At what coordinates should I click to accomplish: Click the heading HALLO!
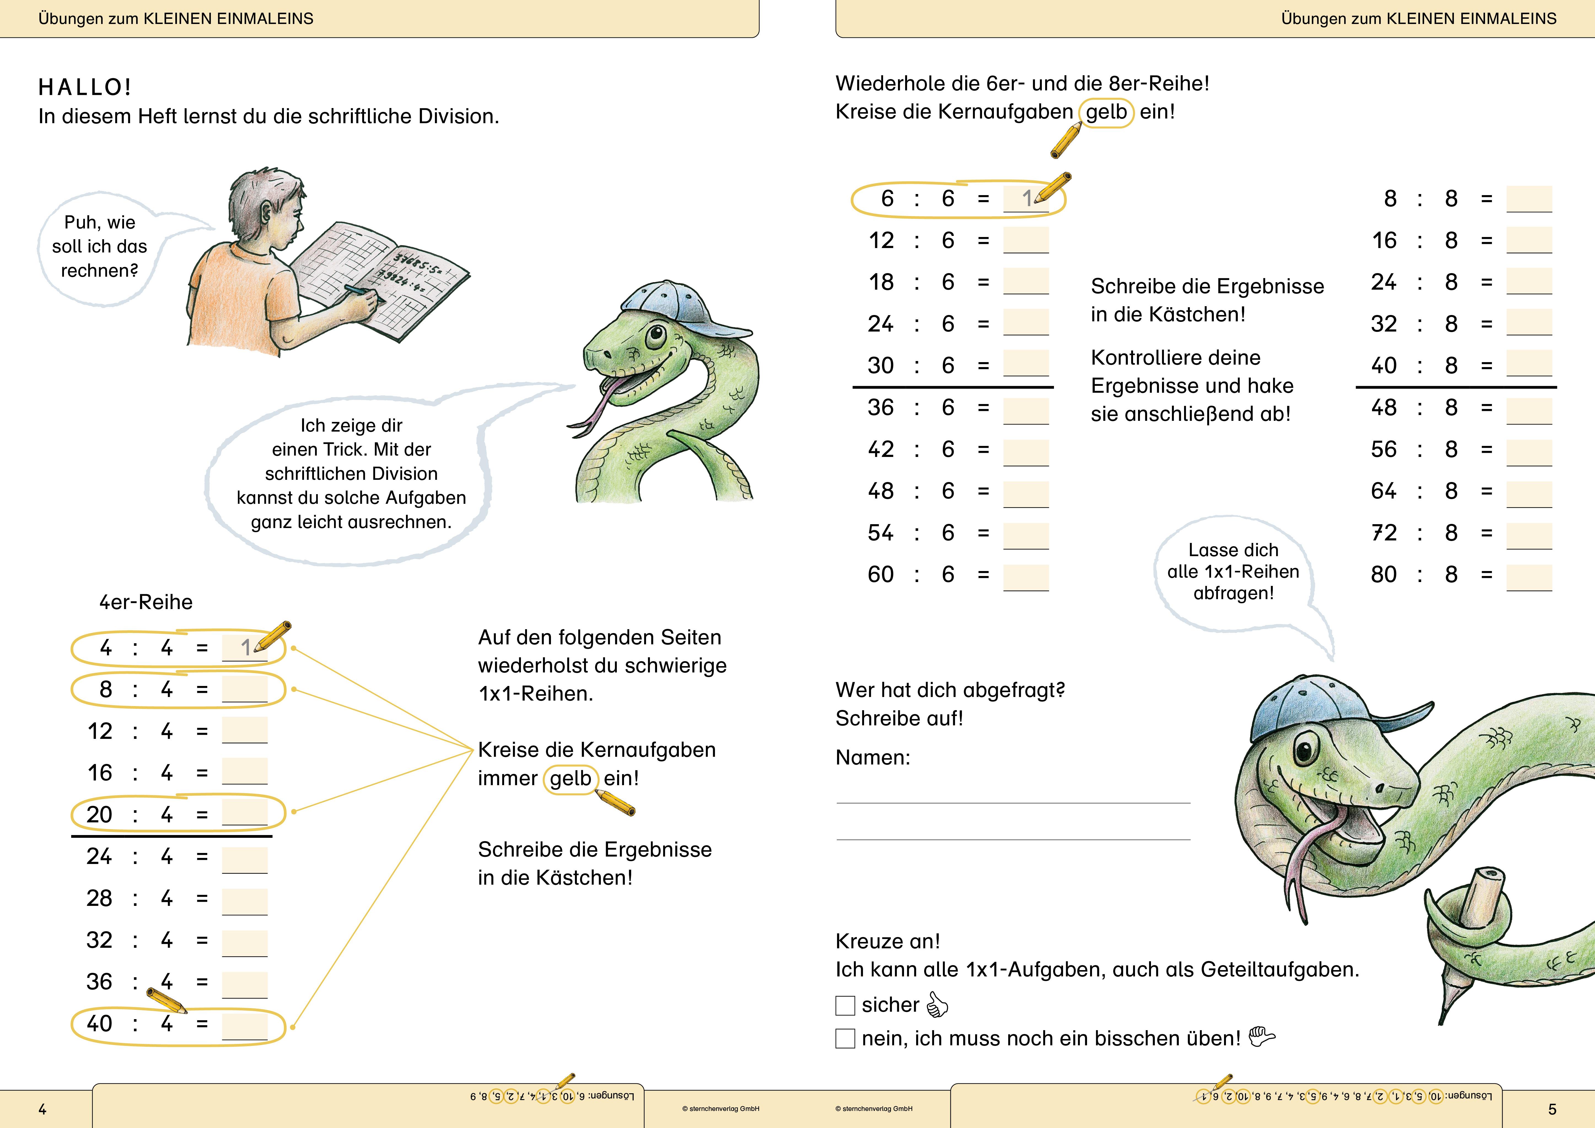[85, 88]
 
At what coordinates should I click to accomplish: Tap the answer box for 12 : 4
[244, 730]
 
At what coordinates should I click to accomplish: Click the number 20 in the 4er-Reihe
[99, 814]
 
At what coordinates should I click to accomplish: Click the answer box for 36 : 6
[1025, 410]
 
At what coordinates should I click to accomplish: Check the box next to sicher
[845, 1005]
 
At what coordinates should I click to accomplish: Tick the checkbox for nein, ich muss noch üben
[845, 1038]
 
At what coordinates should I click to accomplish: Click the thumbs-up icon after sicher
[937, 1004]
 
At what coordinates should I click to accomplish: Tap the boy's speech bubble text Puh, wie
[99, 222]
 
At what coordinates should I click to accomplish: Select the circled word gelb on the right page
[1106, 112]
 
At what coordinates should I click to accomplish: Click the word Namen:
[873, 757]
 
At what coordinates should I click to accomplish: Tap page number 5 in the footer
[1552, 1109]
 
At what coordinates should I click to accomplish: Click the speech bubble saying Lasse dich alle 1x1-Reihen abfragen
[1233, 572]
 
